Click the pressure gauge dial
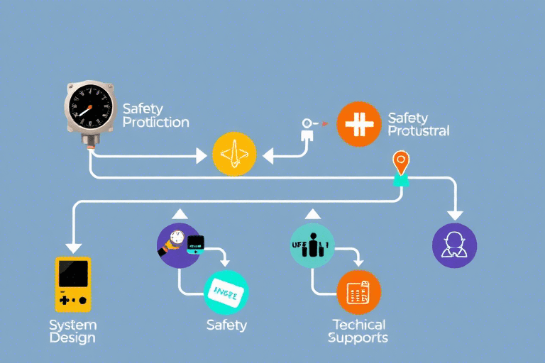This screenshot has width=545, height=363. point(90,108)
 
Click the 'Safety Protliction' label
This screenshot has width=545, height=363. point(155,115)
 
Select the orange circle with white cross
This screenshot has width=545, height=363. point(358,124)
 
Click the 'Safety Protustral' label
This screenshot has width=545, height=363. point(419,124)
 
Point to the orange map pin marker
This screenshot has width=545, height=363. point(401,162)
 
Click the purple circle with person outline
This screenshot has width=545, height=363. point(454,245)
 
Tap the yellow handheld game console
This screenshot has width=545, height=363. point(73,284)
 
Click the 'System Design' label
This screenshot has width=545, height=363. point(72,331)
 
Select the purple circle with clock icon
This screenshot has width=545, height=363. point(179,245)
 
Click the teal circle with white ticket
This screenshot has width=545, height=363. point(226,291)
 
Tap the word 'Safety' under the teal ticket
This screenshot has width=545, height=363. point(226,325)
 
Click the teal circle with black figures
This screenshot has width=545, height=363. point(312,245)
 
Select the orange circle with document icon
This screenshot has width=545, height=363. point(358,291)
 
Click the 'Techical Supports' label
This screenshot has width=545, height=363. point(358,331)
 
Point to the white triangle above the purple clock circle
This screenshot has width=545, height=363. point(179,213)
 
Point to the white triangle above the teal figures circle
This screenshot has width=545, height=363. point(312,213)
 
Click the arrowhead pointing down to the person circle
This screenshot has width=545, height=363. point(454,214)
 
